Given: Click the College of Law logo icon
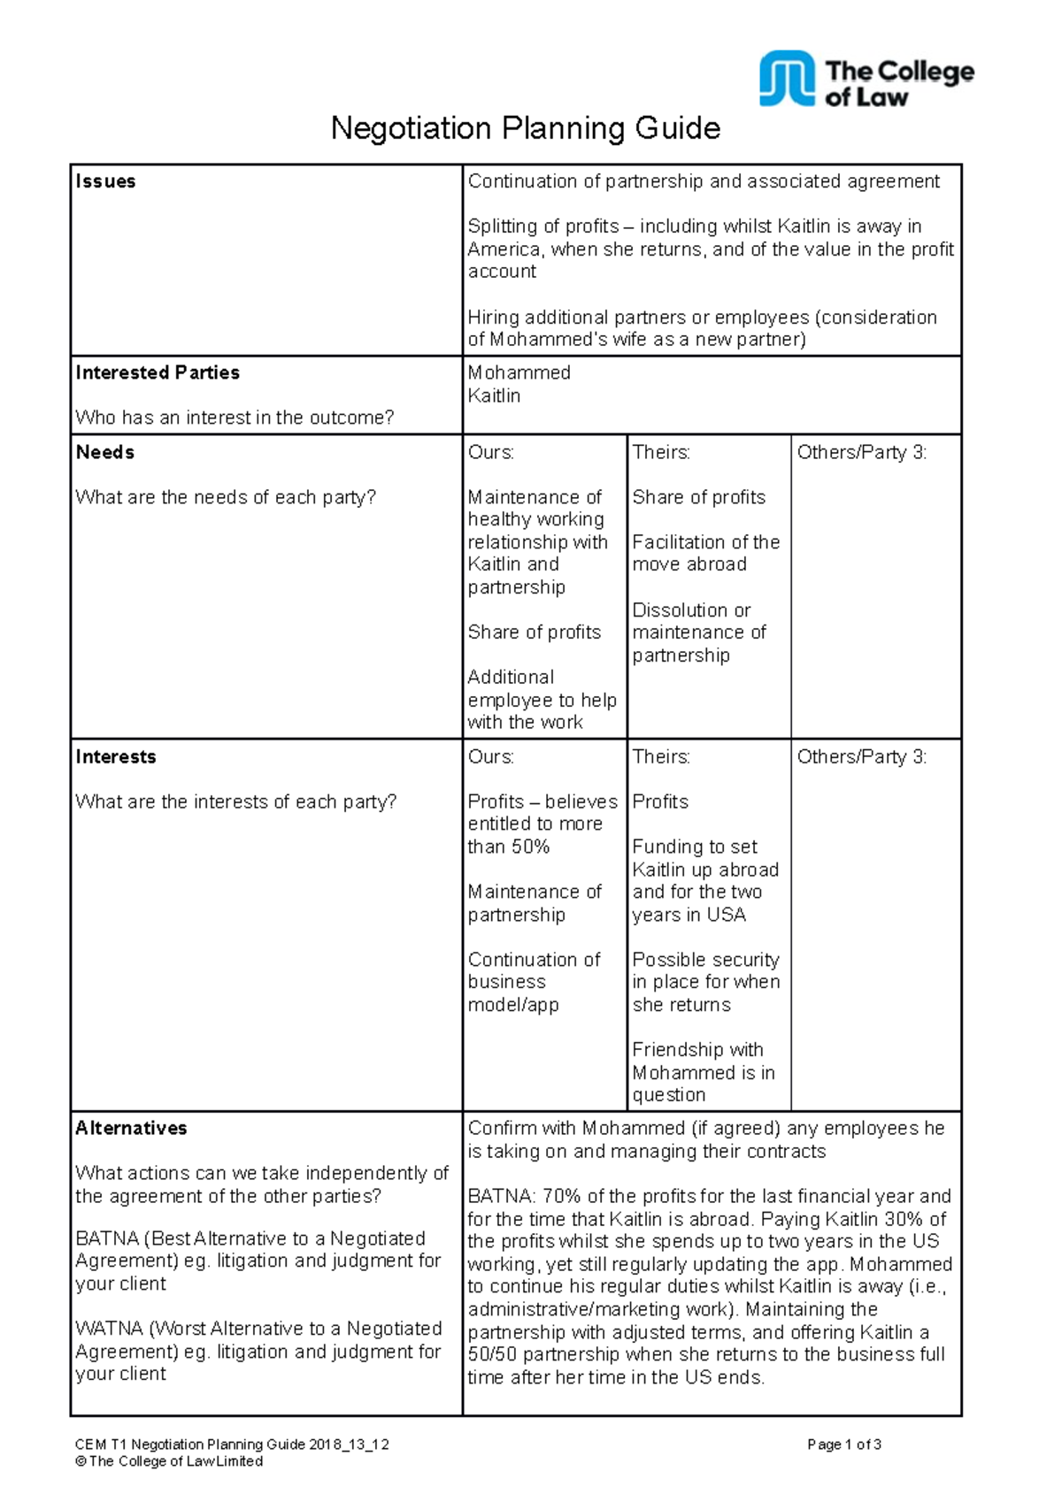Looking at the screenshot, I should pos(786,78).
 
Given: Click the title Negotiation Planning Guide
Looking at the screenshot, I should pos(525,129).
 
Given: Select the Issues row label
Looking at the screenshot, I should pos(105,181).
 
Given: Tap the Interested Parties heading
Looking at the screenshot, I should pos(158,372).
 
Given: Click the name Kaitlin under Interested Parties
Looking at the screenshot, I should pos(494,395).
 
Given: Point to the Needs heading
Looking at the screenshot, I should pos(104,452).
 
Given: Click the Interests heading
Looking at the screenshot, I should pos(115,756).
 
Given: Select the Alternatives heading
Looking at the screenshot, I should pos(131,1128).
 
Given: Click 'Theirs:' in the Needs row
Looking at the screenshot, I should pos(660,452).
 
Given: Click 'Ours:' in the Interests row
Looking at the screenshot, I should pos(490,756).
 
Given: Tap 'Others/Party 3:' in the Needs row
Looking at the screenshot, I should pos(861,452).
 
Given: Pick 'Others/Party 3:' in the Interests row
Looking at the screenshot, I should pos(861,756).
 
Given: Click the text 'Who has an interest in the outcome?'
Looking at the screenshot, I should pos(235,418).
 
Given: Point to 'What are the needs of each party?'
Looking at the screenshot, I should pos(226,497).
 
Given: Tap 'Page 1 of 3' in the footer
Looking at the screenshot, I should pos(843,1445).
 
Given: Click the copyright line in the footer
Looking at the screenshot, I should pos(169,1461).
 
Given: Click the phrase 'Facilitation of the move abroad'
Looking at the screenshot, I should pos(704,553).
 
